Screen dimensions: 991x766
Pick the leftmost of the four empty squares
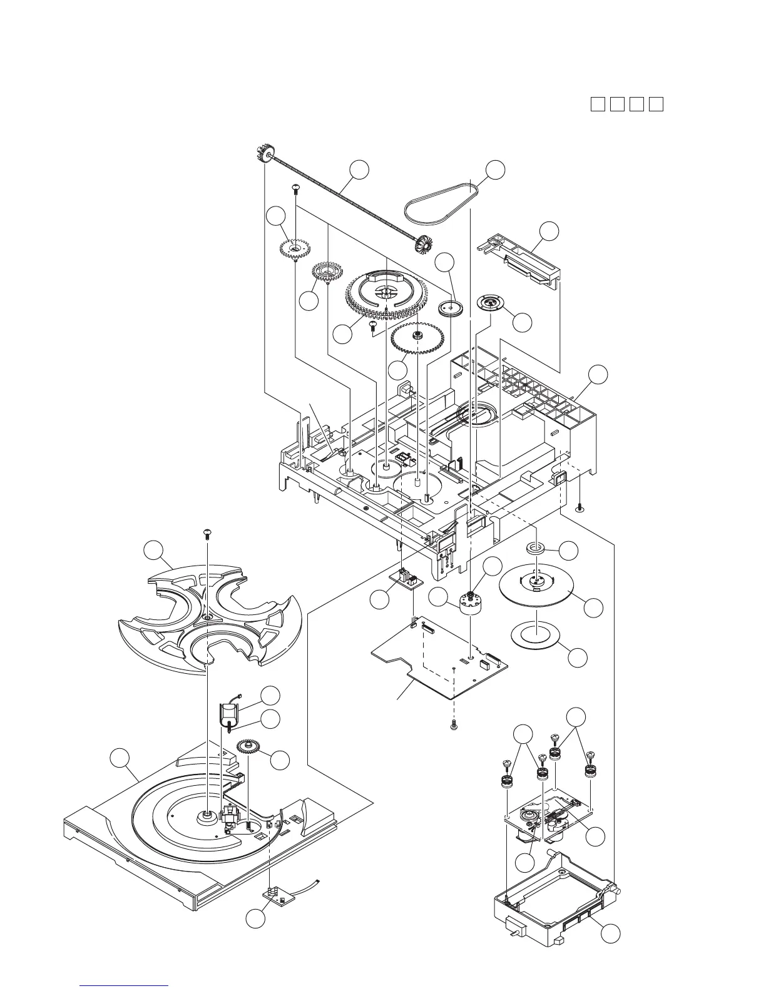point(597,104)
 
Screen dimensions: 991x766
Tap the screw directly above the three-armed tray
point(207,534)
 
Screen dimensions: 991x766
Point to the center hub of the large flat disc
point(536,581)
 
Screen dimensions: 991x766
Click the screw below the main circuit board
point(454,725)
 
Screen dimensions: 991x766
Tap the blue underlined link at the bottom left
point(125,986)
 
